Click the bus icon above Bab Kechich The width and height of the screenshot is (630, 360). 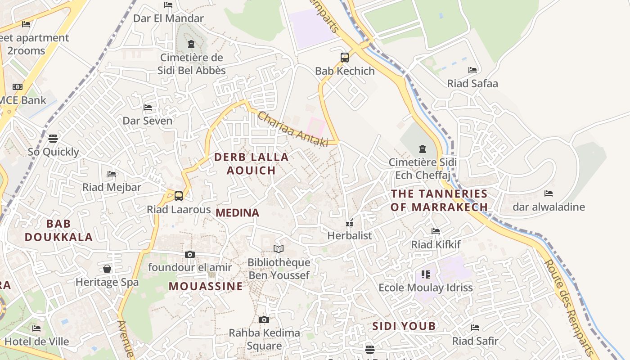click(x=344, y=58)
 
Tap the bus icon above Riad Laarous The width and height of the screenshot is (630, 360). click(x=179, y=196)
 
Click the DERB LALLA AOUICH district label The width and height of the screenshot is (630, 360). click(x=251, y=164)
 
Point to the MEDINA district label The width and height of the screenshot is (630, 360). click(x=238, y=213)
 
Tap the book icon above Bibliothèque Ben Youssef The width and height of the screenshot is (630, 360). click(x=279, y=249)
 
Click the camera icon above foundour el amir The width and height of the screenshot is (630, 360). click(x=190, y=254)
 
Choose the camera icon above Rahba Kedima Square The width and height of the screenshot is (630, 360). click(x=264, y=319)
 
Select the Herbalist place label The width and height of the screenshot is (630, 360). click(x=350, y=235)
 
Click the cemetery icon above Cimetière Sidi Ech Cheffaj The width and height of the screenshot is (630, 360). click(x=422, y=148)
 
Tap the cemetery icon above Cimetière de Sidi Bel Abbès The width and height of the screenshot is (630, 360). click(x=191, y=44)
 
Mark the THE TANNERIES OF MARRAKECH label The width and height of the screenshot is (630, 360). click(x=439, y=200)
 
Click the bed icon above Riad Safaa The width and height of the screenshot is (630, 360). click(x=472, y=70)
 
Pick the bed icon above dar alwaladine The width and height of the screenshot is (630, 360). click(x=549, y=193)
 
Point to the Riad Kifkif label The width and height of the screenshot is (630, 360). click(x=436, y=244)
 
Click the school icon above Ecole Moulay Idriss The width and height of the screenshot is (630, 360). click(x=426, y=274)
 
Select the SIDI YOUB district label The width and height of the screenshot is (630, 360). click(x=404, y=326)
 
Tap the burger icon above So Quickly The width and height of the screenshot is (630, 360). click(x=53, y=138)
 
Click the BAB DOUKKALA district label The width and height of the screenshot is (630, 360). click(x=58, y=230)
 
